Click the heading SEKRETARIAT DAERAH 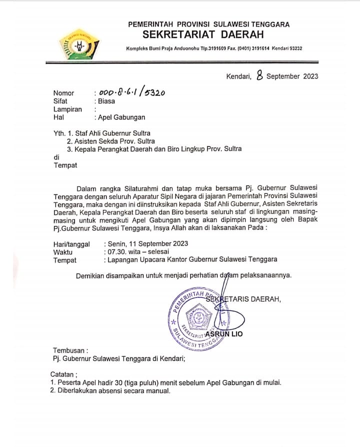point(203,35)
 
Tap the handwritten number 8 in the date point(259,75)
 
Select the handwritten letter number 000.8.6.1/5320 point(132,92)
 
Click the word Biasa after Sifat point(106,101)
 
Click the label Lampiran point(67,109)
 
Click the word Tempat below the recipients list point(65,165)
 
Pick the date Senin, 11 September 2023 point(146,244)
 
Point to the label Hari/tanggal point(71,244)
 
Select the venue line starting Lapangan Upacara point(190,259)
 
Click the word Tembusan point(70,350)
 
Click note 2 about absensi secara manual point(110,390)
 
